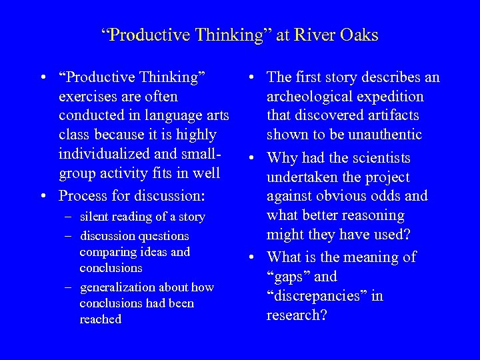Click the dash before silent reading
point(69,217)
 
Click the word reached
point(100,319)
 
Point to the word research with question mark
point(297,315)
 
